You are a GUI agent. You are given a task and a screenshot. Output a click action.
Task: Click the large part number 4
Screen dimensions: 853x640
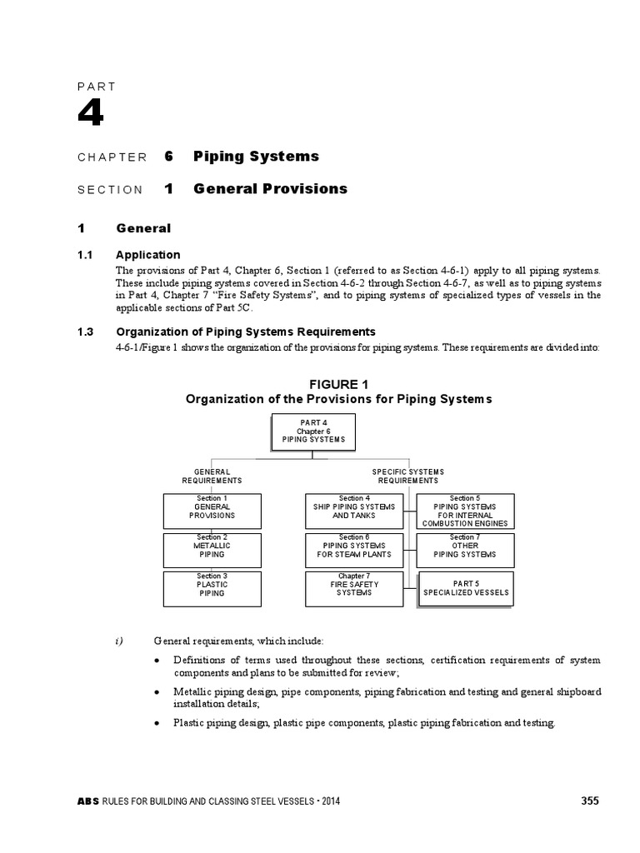point(91,113)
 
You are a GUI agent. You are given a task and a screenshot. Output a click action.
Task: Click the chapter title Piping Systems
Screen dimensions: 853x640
point(256,156)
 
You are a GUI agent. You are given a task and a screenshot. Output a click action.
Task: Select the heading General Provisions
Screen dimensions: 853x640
point(270,189)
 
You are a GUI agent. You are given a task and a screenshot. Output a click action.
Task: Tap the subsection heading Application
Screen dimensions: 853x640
point(147,254)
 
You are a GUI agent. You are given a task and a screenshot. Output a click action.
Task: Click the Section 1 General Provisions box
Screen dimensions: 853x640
point(212,511)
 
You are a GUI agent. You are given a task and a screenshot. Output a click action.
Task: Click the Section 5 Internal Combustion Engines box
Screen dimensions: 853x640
point(464,511)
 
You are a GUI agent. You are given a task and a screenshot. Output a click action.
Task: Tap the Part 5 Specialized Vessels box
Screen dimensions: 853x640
point(464,588)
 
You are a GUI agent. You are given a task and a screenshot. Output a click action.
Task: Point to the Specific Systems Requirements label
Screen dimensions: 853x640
point(407,476)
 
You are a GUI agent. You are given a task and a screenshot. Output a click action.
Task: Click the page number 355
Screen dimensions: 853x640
point(589,801)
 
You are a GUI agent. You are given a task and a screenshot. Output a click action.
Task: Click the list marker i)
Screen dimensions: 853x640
point(118,640)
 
